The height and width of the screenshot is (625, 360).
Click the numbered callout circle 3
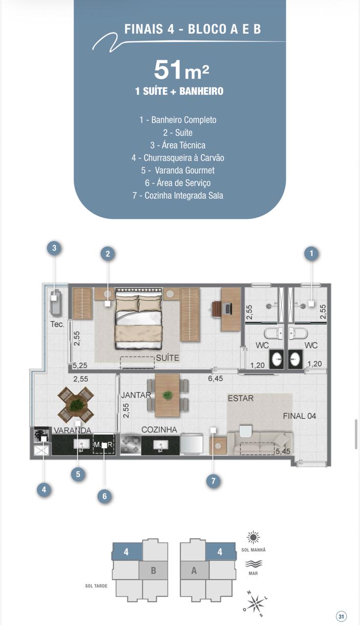(x=54, y=248)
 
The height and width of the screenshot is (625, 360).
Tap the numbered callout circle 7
(x=213, y=481)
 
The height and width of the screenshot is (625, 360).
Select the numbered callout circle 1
(x=312, y=253)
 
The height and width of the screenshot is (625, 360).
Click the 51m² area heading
(x=181, y=70)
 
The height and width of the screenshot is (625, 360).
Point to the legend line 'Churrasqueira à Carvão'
(x=178, y=158)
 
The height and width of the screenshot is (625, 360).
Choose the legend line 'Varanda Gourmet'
(x=178, y=170)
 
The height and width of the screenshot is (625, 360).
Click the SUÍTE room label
(x=168, y=358)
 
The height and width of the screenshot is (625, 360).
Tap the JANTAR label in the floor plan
(x=136, y=395)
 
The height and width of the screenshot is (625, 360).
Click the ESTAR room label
(x=240, y=398)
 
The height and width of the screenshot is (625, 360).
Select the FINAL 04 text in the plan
(x=299, y=416)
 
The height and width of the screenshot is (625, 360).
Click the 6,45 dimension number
(x=215, y=378)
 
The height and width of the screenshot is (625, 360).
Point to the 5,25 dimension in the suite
(x=80, y=365)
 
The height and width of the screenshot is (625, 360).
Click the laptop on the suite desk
(x=228, y=308)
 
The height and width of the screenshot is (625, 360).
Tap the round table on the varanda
(x=76, y=404)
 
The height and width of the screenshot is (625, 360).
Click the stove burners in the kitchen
(x=130, y=443)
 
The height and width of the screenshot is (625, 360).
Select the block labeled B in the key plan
(x=153, y=570)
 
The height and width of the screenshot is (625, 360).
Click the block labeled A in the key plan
(x=194, y=570)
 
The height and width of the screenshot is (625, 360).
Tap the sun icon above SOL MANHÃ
(x=253, y=537)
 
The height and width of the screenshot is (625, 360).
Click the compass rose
(x=255, y=604)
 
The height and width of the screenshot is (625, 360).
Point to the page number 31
(x=341, y=616)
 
